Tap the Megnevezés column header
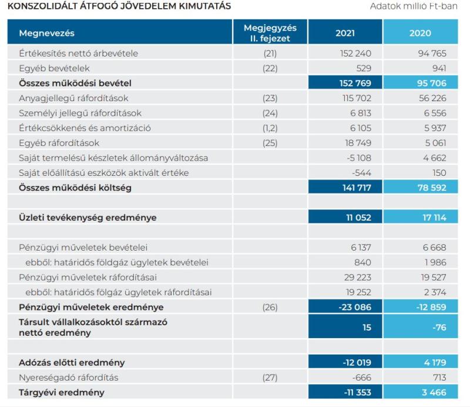46,33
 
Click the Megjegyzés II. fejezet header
270,33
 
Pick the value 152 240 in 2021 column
355,54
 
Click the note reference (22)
270,68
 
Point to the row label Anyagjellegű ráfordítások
73,98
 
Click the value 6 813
361,113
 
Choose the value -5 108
359,158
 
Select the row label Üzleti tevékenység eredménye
88,218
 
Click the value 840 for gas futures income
362,262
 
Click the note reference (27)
270,378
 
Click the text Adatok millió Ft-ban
414,6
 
